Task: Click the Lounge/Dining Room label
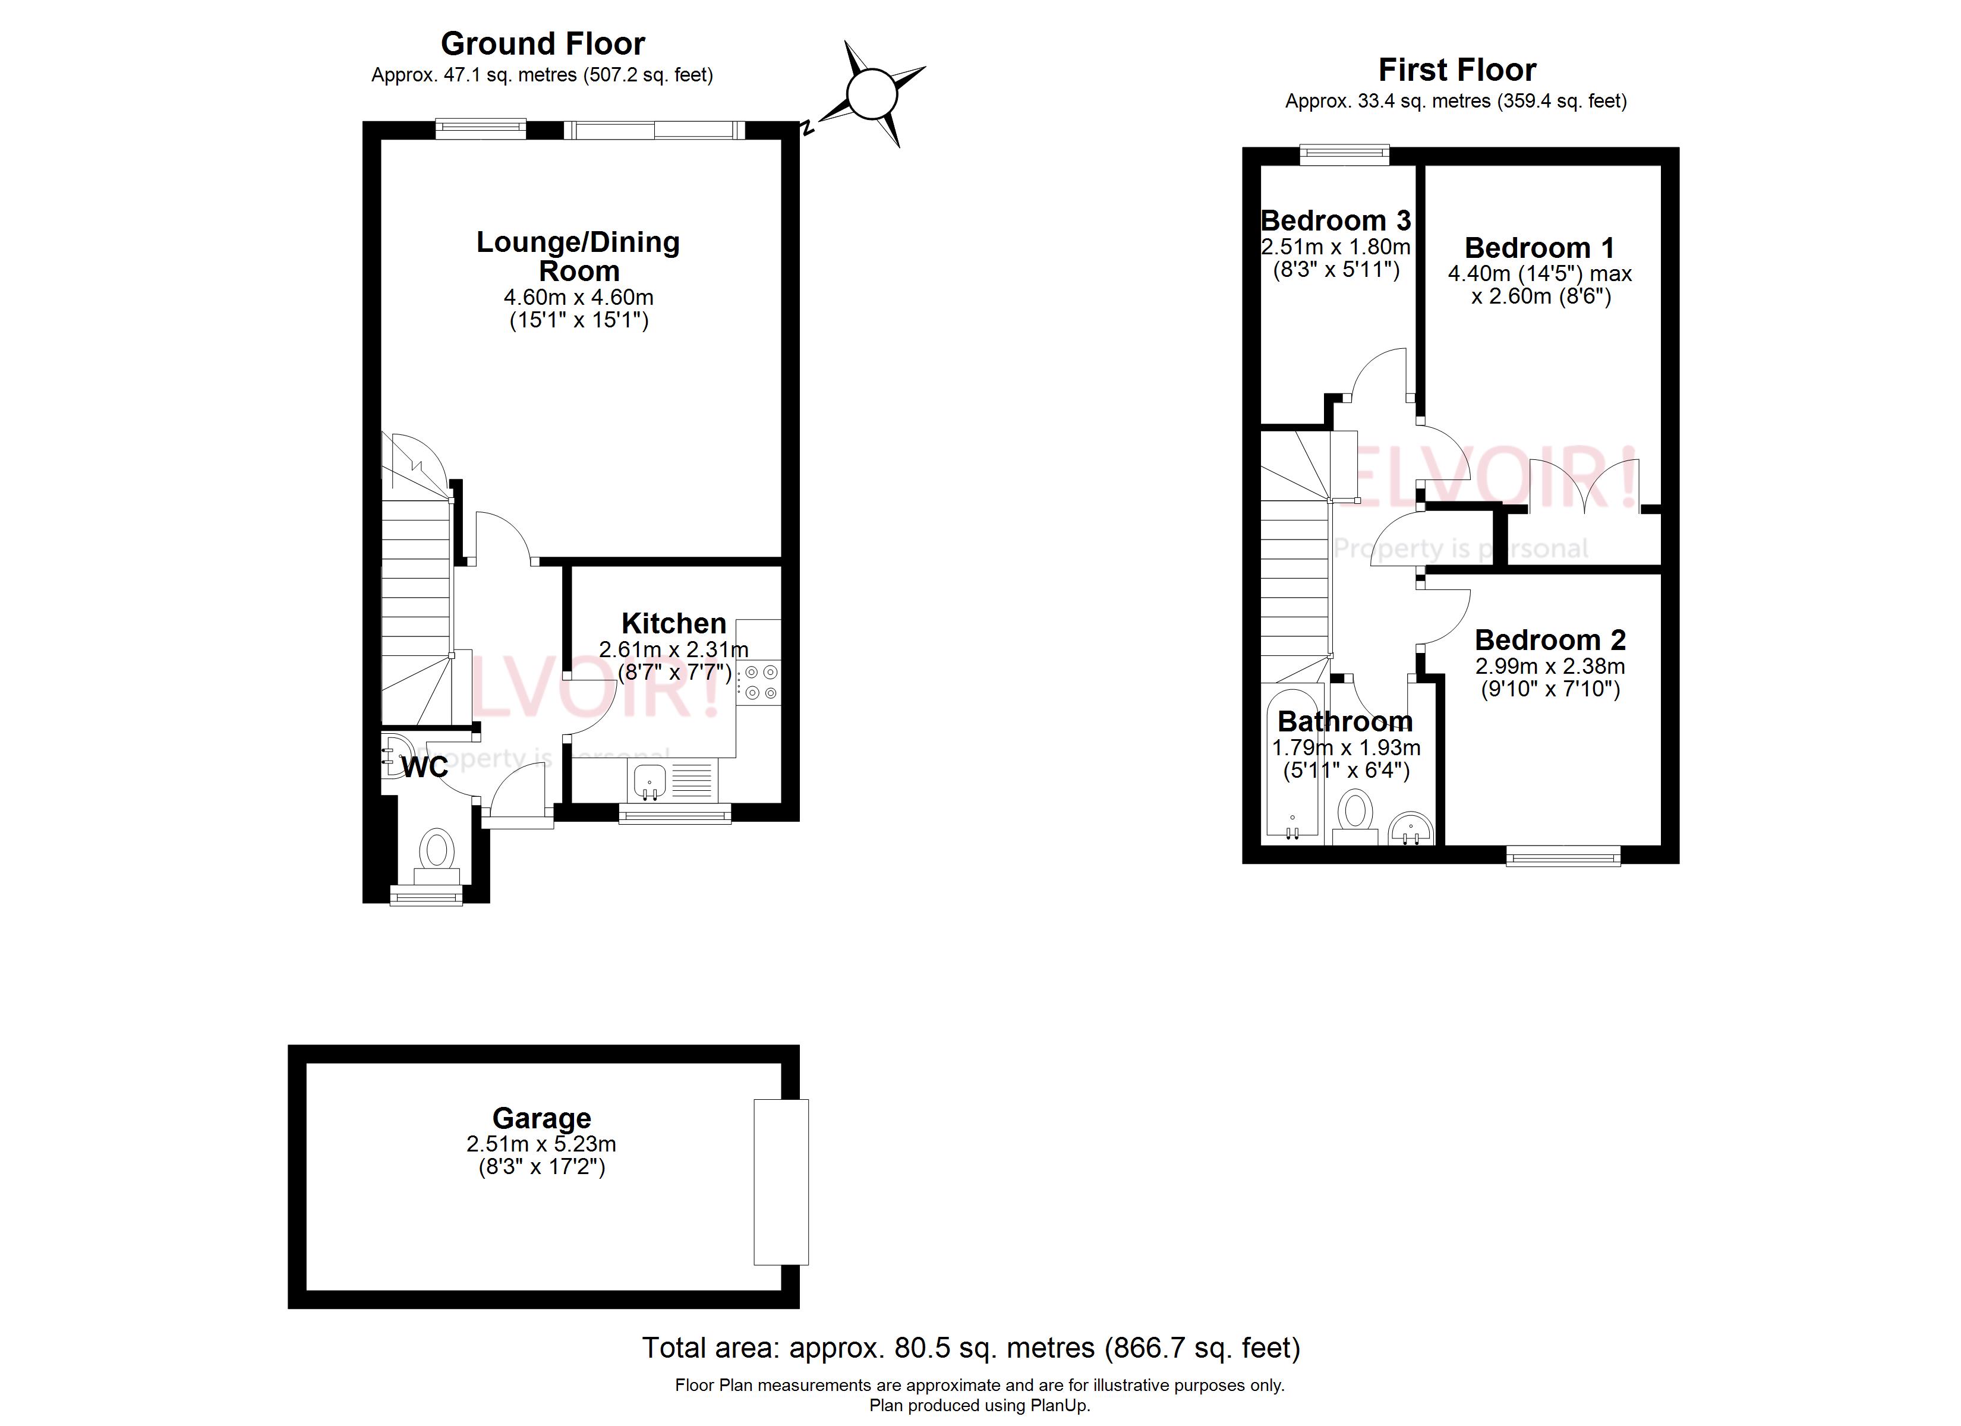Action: coord(578,256)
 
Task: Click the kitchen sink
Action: coord(648,780)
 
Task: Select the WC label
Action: coord(424,767)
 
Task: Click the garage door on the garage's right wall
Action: coord(781,1181)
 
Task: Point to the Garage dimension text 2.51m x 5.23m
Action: coord(541,1144)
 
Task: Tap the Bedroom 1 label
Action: coord(1540,248)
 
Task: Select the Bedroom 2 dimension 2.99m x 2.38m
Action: coord(1549,667)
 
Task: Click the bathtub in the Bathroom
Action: coord(1292,761)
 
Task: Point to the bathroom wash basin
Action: coord(1411,828)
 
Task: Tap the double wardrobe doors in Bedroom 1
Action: coord(1582,488)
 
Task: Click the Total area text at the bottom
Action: coord(971,1348)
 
